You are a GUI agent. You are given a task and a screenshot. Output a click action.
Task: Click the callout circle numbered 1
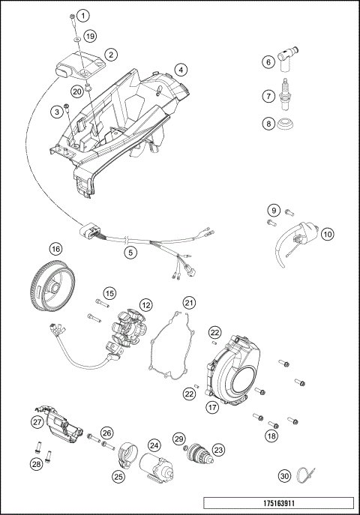click(x=83, y=16)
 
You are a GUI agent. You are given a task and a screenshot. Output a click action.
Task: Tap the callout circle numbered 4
click(x=180, y=70)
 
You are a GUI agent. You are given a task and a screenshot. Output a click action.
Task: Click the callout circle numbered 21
click(x=189, y=303)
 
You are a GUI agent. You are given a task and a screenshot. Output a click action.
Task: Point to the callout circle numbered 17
click(x=212, y=408)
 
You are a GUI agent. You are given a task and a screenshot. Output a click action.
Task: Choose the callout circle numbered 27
click(x=37, y=422)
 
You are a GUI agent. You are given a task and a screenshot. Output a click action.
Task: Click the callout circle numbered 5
click(x=130, y=253)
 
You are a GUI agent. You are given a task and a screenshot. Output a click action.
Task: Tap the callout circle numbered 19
click(x=89, y=36)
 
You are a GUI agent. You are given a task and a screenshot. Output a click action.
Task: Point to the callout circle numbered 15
click(x=109, y=293)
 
